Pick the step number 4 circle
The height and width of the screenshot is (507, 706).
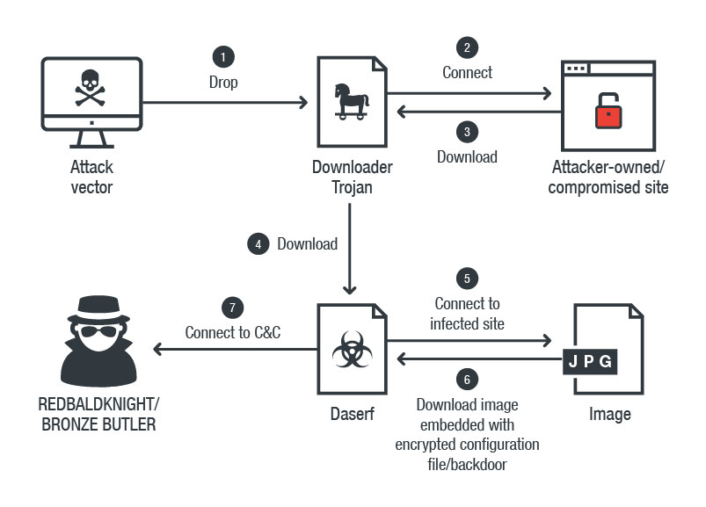pyautogui.click(x=258, y=244)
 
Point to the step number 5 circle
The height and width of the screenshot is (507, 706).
pyautogui.click(x=467, y=279)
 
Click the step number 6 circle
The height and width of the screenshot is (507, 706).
pyautogui.click(x=467, y=380)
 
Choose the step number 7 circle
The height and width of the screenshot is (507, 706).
pyautogui.click(x=233, y=309)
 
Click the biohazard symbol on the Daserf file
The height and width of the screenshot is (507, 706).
pyautogui.click(x=349, y=351)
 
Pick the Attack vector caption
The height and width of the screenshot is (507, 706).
pyautogui.click(x=92, y=177)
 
